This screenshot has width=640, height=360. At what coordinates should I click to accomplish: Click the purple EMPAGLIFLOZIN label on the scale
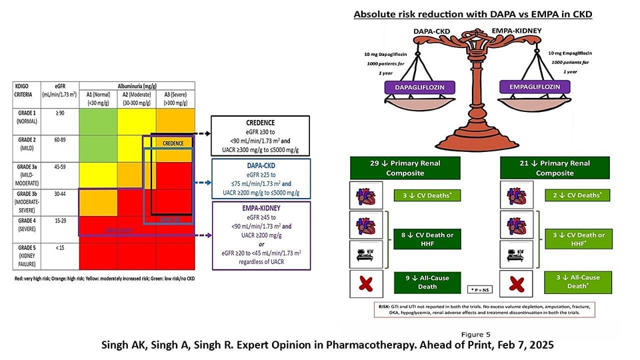tap(530, 86)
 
